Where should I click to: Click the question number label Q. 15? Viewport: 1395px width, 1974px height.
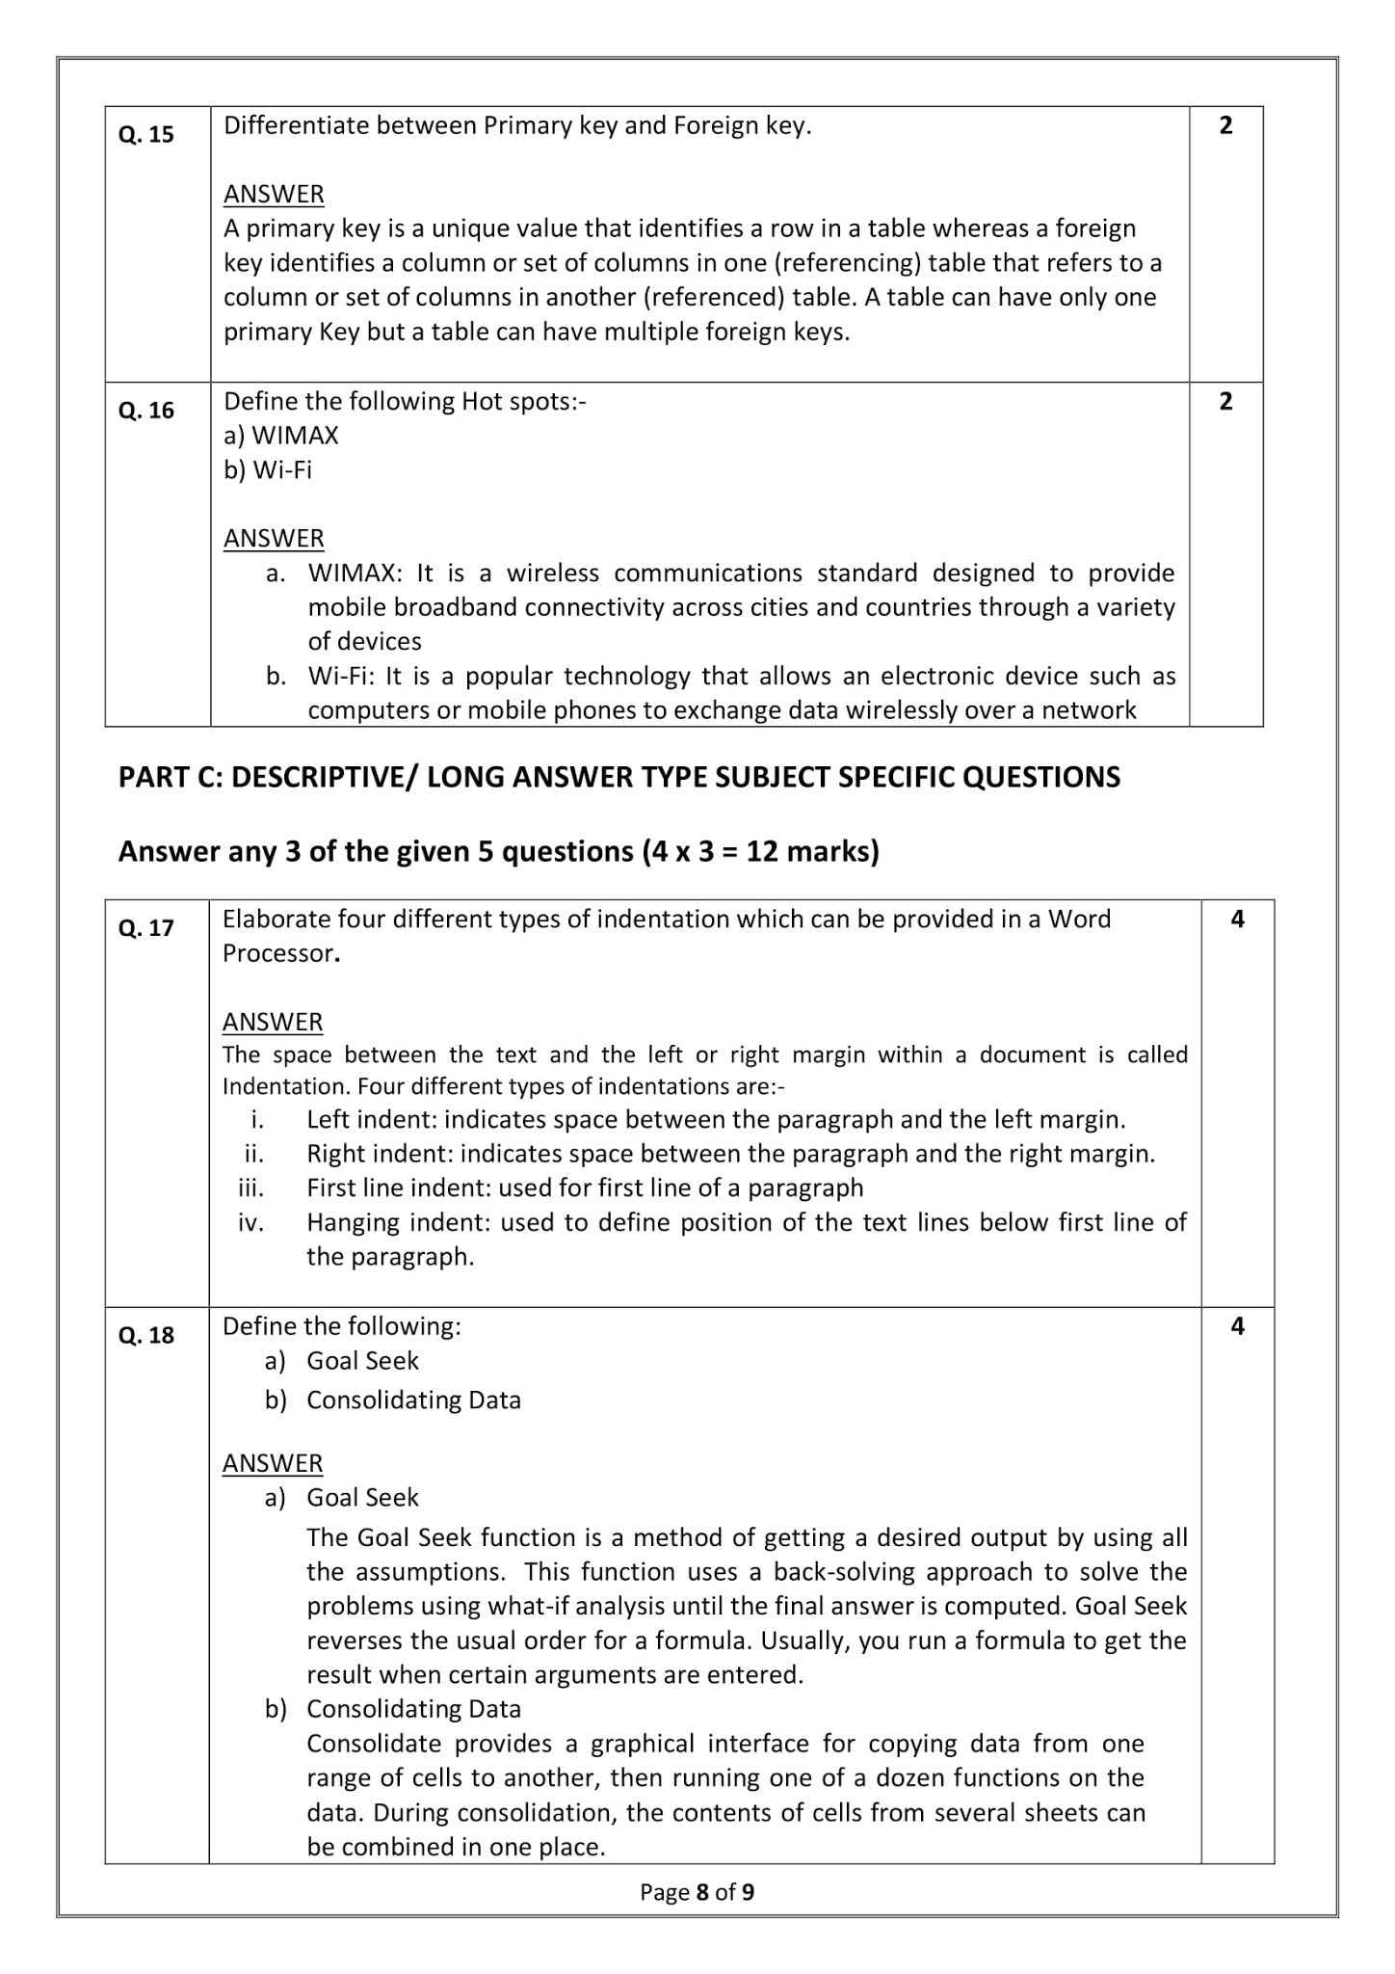(x=145, y=135)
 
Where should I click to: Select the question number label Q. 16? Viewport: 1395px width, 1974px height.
(x=145, y=411)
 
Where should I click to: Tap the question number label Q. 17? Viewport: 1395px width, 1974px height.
(x=145, y=928)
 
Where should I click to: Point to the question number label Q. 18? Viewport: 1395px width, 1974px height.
(x=145, y=1336)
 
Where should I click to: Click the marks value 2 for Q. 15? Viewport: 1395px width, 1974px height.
(x=1225, y=126)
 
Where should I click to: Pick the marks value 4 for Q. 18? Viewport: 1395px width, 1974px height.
(x=1237, y=1327)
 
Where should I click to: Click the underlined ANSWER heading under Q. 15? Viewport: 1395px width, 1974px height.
(x=274, y=195)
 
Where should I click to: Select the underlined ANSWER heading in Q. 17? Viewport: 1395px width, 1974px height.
(x=273, y=1022)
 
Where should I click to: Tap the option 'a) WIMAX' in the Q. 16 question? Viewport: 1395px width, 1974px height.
(x=280, y=436)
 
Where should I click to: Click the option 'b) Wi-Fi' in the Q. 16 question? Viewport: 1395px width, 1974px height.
(x=268, y=470)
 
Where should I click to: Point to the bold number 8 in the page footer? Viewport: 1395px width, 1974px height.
(x=702, y=1892)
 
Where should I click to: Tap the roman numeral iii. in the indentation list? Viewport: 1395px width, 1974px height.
(x=250, y=1188)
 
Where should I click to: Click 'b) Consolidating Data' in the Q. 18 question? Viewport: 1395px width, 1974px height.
(x=393, y=1400)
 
